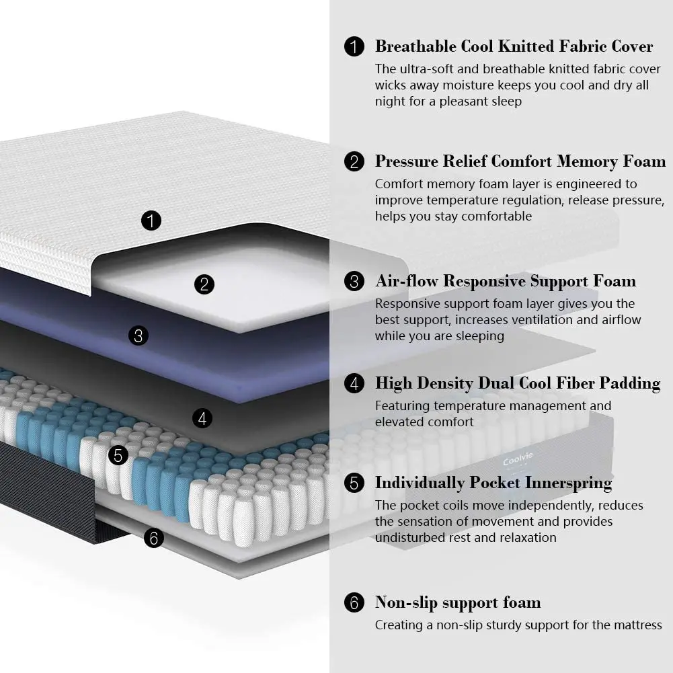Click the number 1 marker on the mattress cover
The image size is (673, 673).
(x=152, y=220)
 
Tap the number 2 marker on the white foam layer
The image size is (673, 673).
(x=204, y=284)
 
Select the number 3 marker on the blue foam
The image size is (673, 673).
(x=138, y=335)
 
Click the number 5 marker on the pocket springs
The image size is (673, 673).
(x=118, y=455)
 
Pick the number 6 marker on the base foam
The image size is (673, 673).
(x=154, y=538)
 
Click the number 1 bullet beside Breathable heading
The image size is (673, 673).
(x=354, y=46)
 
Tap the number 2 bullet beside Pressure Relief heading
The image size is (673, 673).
(x=354, y=162)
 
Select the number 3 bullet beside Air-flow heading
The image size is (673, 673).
(x=354, y=281)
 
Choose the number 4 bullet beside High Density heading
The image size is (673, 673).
(x=354, y=384)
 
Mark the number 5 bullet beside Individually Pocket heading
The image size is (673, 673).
(x=354, y=483)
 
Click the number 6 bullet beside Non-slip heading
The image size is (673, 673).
(x=354, y=602)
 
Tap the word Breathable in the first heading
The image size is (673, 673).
(x=415, y=46)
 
